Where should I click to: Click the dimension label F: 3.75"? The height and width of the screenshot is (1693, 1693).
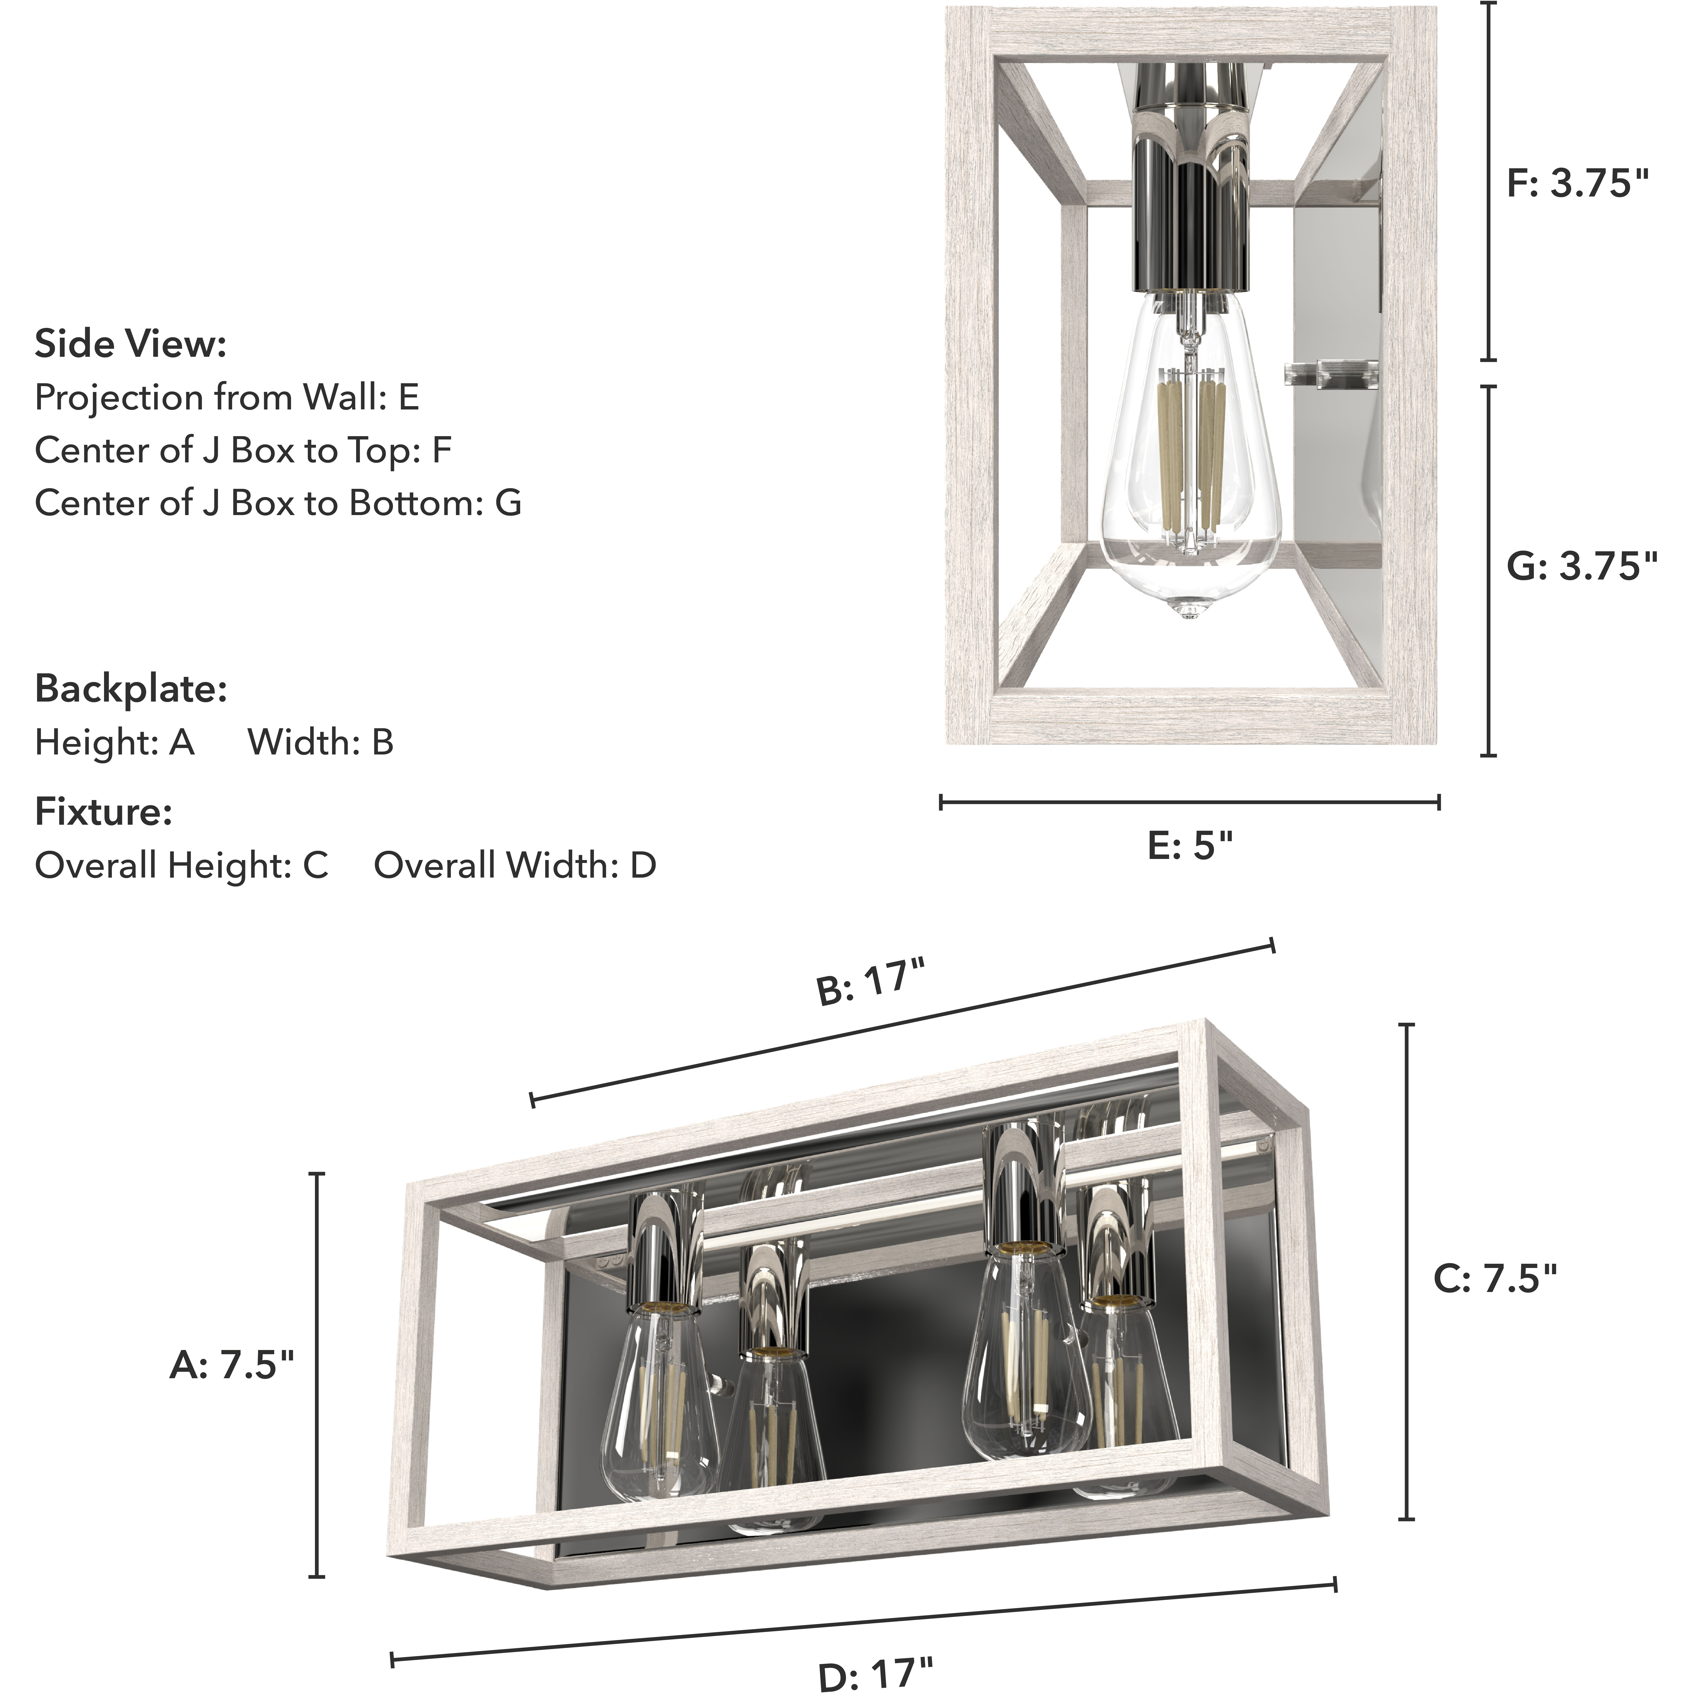[1577, 184]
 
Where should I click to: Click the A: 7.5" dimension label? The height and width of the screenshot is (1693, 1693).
[232, 1364]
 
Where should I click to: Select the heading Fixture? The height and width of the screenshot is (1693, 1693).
[103, 812]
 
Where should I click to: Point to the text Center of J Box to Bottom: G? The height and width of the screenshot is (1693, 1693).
[278, 503]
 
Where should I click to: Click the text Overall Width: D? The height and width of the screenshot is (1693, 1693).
[515, 866]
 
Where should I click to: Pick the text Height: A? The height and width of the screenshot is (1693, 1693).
[114, 743]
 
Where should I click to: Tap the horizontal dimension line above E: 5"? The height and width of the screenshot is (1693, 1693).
[1190, 802]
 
